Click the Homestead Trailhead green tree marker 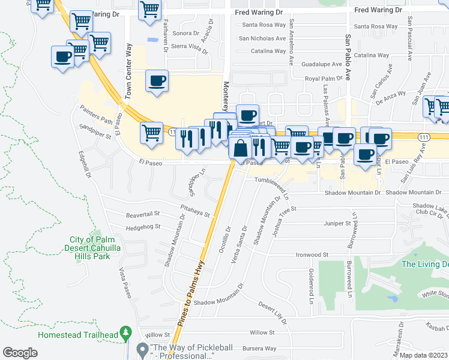[125, 332]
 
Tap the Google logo [20, 353]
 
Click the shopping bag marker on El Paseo [240, 148]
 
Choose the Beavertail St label [142, 213]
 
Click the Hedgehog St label [143, 227]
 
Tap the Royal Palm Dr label [323, 79]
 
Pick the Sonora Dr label [185, 33]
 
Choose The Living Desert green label [425, 264]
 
